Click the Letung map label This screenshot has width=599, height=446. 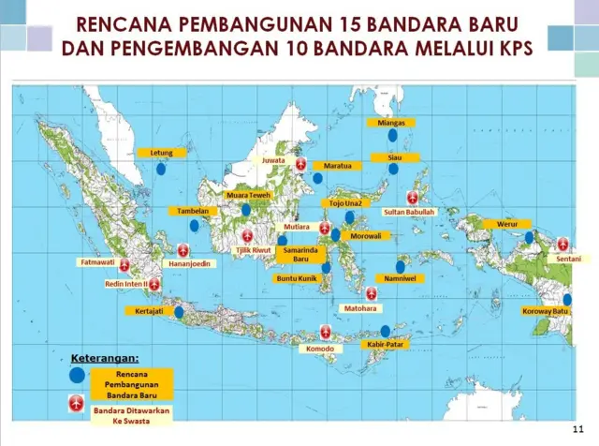pos(161,152)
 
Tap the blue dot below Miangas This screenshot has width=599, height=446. pos(392,135)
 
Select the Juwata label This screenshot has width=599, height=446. pos(273,160)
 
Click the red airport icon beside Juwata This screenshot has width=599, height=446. pos(301,164)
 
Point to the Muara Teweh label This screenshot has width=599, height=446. pos(248,195)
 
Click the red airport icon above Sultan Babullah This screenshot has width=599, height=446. pos(414,198)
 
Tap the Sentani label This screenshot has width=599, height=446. pos(568,258)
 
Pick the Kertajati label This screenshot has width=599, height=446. pos(150,311)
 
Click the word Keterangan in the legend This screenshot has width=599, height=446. pos(105,358)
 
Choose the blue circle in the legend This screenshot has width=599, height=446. pos(76,375)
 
